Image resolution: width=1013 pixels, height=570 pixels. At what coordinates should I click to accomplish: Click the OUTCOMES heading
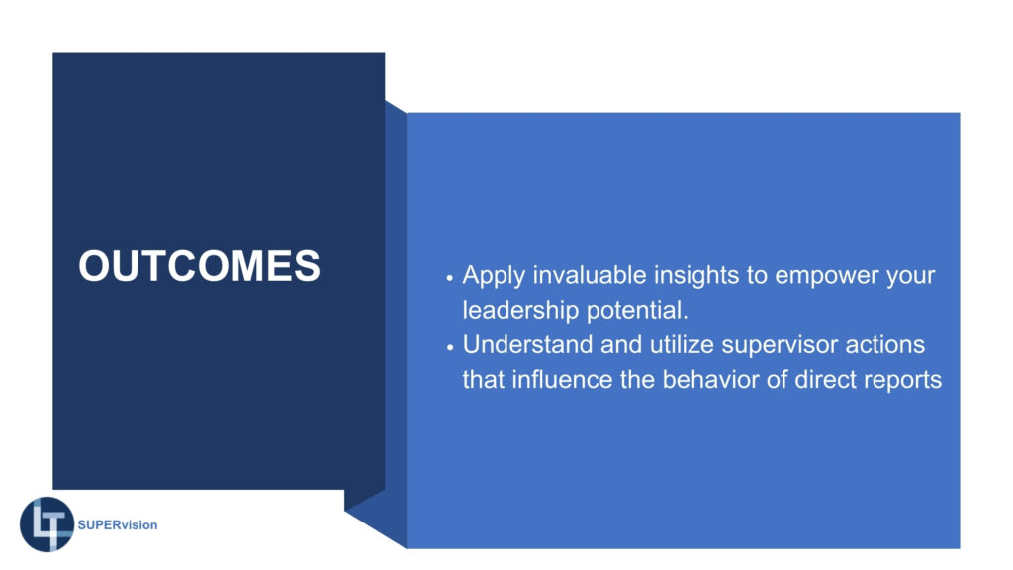[x=199, y=265]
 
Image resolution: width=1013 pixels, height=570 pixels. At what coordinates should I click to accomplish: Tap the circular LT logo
[x=47, y=524]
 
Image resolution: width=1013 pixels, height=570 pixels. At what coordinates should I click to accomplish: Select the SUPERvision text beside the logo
[x=118, y=524]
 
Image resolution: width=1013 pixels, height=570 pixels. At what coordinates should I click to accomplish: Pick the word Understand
[x=528, y=344]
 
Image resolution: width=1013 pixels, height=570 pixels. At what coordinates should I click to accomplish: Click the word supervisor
[x=780, y=346]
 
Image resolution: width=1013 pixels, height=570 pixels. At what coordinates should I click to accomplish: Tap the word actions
[x=885, y=345]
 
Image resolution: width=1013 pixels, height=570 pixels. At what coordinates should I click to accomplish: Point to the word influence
[x=562, y=379]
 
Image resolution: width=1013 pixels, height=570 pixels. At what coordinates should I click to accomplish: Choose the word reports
[x=902, y=381]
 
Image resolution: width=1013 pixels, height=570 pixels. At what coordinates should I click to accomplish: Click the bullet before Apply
[x=450, y=278]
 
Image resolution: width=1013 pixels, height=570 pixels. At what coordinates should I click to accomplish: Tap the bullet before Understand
[x=450, y=347]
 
